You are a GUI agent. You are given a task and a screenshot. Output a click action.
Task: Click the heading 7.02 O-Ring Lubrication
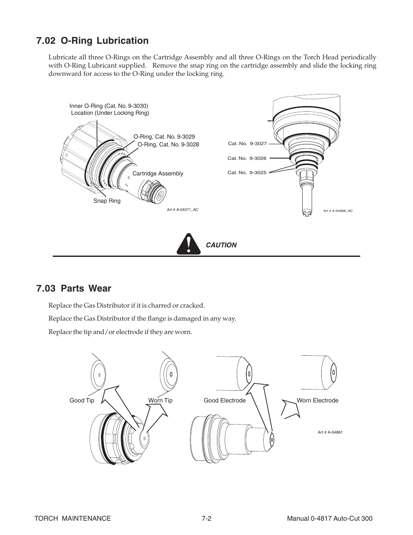pyautogui.click(x=93, y=41)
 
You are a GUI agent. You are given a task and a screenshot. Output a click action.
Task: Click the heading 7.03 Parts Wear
pyautogui.click(x=74, y=289)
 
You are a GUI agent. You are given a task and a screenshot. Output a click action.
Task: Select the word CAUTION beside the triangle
pyautogui.click(x=221, y=245)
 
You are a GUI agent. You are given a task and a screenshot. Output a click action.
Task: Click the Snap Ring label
pyautogui.click(x=107, y=201)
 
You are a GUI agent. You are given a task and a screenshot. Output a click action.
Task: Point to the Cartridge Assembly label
pyautogui.click(x=158, y=174)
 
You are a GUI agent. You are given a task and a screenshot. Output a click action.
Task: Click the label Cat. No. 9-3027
pyautogui.click(x=247, y=144)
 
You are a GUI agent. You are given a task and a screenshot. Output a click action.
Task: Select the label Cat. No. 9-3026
pyautogui.click(x=247, y=159)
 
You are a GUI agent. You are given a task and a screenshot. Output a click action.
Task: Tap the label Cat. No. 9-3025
pyautogui.click(x=247, y=173)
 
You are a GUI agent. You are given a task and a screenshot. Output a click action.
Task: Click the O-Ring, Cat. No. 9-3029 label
pyautogui.click(x=164, y=137)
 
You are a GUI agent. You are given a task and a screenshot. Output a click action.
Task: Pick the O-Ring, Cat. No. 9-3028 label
pyautogui.click(x=168, y=145)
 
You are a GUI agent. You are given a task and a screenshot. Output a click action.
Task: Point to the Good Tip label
pyautogui.click(x=82, y=401)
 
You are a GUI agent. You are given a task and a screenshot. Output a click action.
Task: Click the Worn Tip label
pyautogui.click(x=160, y=401)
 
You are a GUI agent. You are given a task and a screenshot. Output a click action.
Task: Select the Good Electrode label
pyautogui.click(x=225, y=401)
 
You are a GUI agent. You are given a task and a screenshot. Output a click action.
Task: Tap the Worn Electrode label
pyautogui.click(x=317, y=401)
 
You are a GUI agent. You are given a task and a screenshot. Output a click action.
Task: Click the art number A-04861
pyautogui.click(x=330, y=432)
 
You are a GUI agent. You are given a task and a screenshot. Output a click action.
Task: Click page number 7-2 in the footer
pyautogui.click(x=206, y=519)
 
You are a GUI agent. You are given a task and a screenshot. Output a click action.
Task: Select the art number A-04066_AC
pyautogui.click(x=338, y=211)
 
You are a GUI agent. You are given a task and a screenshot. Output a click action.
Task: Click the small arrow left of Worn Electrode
pyautogui.click(x=289, y=409)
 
